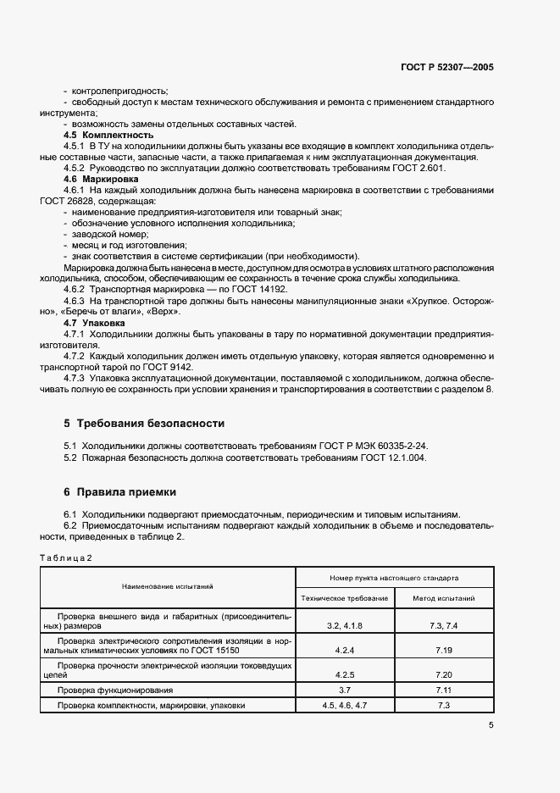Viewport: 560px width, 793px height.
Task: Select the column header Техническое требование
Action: click(344, 598)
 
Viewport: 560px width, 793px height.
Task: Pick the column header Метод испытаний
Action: click(443, 598)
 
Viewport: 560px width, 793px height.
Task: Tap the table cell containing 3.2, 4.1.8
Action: click(344, 624)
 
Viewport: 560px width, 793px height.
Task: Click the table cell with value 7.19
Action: click(443, 651)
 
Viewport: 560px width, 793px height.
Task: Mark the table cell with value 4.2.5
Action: click(344, 676)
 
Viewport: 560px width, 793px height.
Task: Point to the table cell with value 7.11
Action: click(443, 690)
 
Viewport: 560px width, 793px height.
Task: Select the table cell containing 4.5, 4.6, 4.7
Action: click(344, 705)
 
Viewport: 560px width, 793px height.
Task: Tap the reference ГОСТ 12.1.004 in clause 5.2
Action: click(396, 457)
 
